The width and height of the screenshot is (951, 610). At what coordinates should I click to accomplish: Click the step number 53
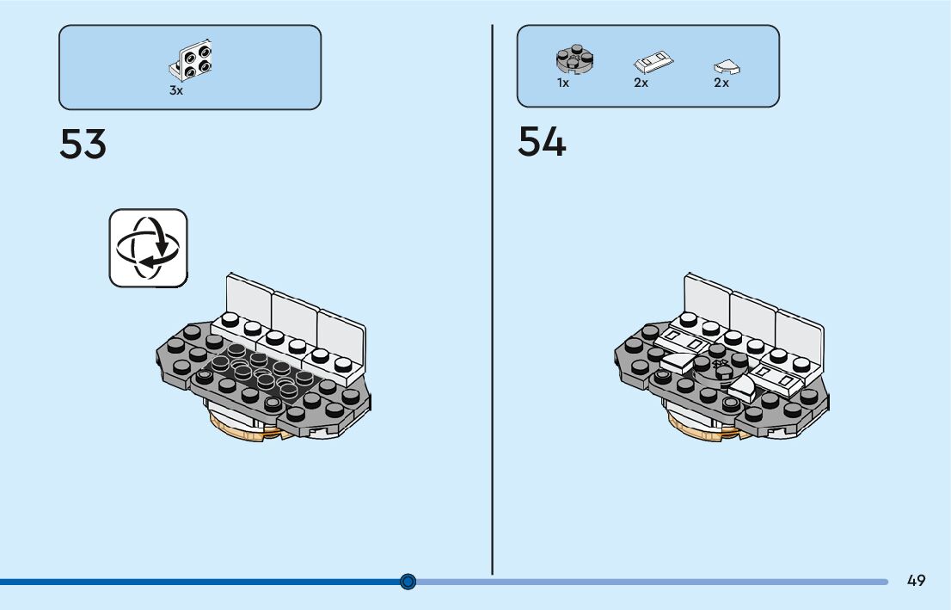(83, 144)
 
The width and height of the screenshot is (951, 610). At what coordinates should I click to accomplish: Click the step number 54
(542, 141)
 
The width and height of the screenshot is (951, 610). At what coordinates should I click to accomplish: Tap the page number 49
(916, 581)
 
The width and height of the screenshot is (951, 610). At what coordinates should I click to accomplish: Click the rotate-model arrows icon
(148, 248)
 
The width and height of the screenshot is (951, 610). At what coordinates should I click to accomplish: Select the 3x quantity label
(175, 90)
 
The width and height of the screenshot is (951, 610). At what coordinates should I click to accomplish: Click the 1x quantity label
(563, 83)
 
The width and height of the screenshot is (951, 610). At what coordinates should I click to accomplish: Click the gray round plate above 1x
(574, 59)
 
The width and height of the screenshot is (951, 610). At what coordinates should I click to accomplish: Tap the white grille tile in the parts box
(653, 63)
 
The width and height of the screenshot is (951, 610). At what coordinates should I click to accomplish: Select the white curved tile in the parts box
(727, 67)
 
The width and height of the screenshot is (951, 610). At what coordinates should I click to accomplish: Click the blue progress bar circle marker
(408, 582)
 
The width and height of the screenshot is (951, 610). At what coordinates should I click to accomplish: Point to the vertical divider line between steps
(493, 301)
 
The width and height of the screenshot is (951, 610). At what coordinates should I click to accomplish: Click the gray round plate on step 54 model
(721, 368)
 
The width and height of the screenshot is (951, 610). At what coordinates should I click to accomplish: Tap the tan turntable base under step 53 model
(249, 430)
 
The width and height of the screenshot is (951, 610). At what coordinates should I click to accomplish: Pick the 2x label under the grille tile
(641, 83)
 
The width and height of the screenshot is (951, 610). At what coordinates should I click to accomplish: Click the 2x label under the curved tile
(721, 83)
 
